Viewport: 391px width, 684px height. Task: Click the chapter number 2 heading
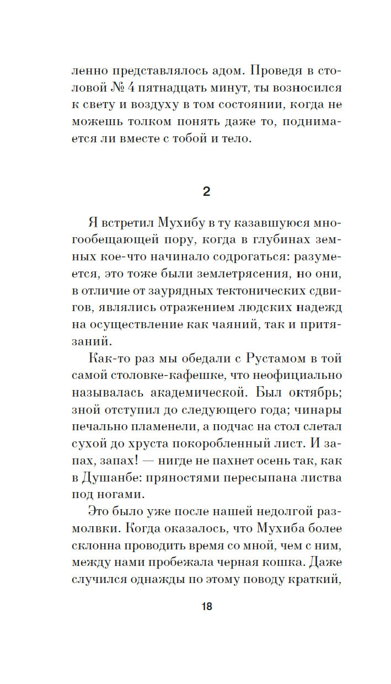point(206,192)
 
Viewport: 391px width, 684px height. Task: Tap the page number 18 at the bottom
point(206,607)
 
